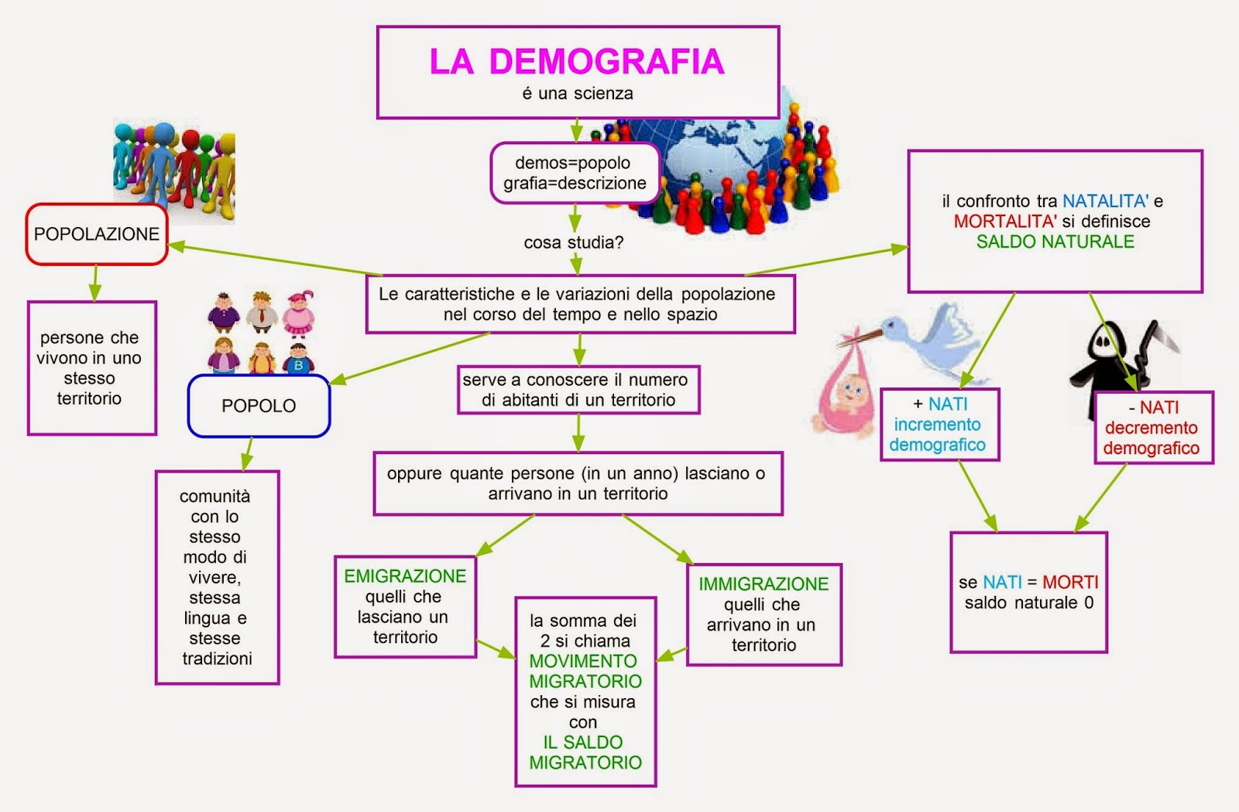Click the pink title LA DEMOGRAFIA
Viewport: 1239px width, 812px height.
click(x=577, y=62)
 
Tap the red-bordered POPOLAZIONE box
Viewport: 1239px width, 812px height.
click(x=97, y=234)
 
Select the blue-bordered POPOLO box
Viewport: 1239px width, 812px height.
click(x=259, y=406)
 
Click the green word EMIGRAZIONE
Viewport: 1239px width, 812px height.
click(x=405, y=576)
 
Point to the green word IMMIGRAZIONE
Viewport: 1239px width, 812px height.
click(x=764, y=584)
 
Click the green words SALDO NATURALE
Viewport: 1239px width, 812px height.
click(x=1055, y=242)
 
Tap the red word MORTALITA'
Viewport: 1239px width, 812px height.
click(x=1004, y=222)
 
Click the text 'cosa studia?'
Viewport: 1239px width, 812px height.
click(x=573, y=243)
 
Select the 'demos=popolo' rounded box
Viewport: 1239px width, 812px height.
click(x=575, y=173)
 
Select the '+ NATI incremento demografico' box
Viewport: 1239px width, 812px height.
click(x=939, y=425)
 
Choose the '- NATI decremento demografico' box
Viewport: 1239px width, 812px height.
click(x=1153, y=428)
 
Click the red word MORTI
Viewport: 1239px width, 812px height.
click(x=1070, y=583)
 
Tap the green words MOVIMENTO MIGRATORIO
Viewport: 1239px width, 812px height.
click(x=585, y=671)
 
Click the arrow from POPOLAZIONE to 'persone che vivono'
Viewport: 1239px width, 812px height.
click(x=94, y=283)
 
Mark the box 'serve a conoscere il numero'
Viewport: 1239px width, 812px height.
click(x=578, y=390)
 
